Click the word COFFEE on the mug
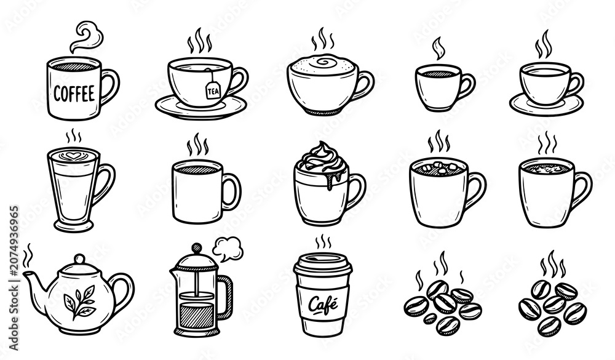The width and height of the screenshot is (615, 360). pyautogui.click(x=74, y=94)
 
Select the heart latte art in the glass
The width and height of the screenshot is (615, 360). pyautogui.click(x=71, y=156)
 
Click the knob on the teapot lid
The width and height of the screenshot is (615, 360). pyautogui.click(x=79, y=259)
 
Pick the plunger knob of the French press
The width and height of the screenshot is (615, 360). pyautogui.click(x=196, y=248)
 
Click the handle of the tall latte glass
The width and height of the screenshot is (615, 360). pyautogui.click(x=103, y=183)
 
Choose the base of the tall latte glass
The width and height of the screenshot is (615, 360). pyautogui.click(x=74, y=225)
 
